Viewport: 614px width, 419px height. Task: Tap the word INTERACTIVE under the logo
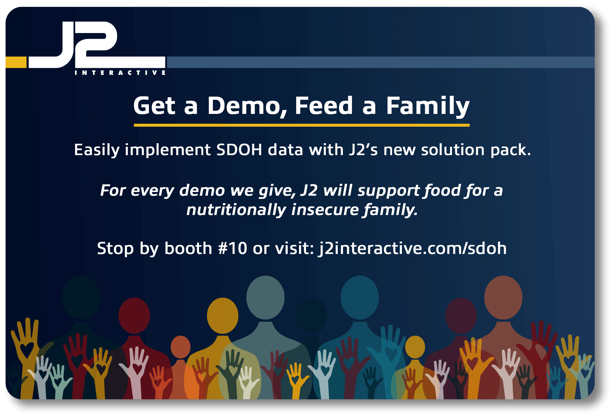120,73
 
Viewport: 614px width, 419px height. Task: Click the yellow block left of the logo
16,62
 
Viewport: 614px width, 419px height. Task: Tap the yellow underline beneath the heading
302,125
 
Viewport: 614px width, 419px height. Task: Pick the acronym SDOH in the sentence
239,150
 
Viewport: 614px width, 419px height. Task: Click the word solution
453,150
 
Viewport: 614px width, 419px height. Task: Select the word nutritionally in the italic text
236,210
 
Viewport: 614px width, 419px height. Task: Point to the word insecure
325,210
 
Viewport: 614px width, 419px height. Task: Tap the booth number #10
233,248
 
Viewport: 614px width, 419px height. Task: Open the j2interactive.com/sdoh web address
412,248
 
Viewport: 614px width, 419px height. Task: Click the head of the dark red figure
134,316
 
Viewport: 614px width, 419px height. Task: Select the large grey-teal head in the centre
265,297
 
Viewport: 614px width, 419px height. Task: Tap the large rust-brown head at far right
503,297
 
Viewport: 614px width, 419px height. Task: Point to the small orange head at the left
181,347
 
